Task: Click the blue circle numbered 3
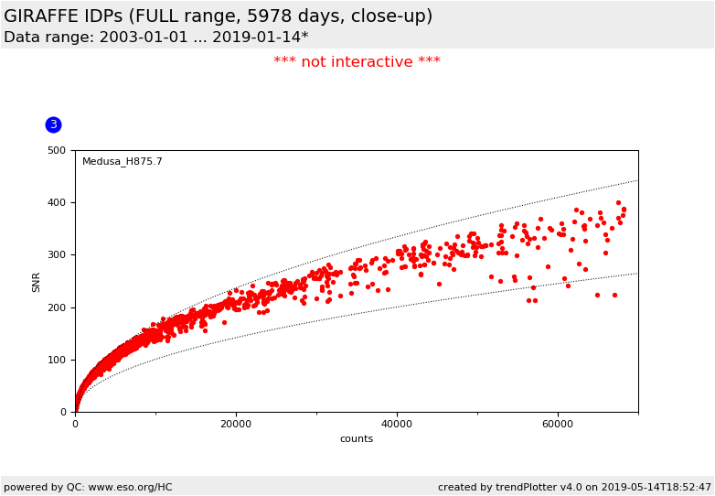coord(53,124)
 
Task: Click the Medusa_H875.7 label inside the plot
coord(123,162)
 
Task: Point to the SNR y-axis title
coord(37,282)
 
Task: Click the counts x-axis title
coord(357,439)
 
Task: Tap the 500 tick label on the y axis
coord(58,150)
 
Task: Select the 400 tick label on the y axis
coord(58,203)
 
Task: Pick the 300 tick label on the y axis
coord(58,255)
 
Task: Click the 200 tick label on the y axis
coord(58,307)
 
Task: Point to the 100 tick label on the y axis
coord(58,360)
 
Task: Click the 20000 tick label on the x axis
coord(236,425)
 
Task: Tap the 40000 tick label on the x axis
coord(397,425)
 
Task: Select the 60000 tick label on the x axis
coord(558,425)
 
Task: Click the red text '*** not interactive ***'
coord(357,62)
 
